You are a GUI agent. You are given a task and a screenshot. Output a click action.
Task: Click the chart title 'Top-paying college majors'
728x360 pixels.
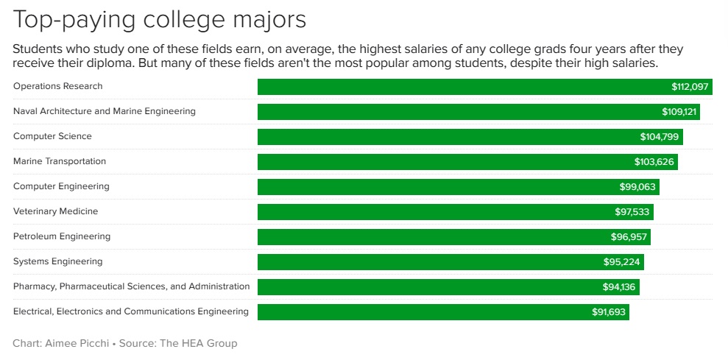159,20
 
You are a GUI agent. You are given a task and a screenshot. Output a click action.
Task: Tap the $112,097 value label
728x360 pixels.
689,87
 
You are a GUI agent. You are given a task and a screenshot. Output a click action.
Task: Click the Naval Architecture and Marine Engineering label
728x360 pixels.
105,111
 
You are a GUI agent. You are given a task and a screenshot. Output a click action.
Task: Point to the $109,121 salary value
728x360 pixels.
679,112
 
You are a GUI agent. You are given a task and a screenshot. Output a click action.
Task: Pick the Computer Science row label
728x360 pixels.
52,136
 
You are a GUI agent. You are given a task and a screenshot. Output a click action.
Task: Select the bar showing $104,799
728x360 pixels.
442,137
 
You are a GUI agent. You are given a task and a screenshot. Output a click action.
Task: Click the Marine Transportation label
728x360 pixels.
60,161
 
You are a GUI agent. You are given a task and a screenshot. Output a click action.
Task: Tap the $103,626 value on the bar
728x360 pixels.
654,162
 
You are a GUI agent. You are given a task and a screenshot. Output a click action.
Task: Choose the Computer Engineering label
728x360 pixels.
61,186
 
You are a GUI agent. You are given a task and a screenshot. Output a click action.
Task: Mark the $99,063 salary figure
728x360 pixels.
637,187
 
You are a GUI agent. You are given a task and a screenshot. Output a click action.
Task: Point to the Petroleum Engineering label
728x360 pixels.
62,236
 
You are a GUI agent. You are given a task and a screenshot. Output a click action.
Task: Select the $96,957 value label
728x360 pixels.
629,237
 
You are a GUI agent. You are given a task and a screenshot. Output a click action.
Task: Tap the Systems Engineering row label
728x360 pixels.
58,261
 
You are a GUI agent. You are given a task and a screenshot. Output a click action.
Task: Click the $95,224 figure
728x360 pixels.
622,262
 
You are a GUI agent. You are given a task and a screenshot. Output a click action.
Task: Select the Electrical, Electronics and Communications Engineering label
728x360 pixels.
131,311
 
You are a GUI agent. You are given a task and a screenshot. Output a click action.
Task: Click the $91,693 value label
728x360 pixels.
609,312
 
